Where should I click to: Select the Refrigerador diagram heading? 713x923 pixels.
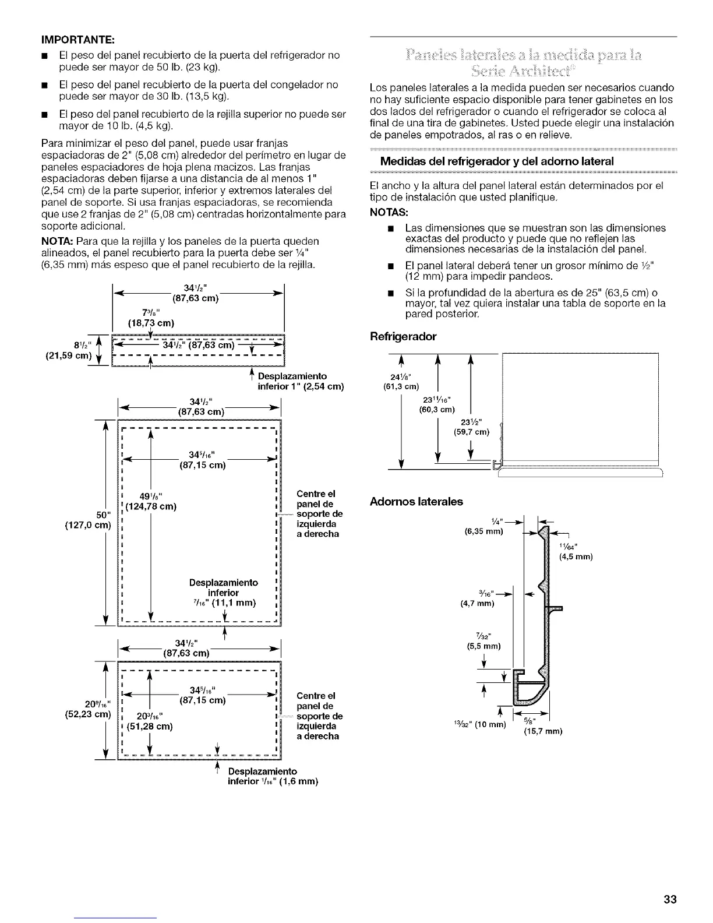click(x=403, y=336)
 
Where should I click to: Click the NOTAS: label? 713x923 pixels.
click(x=387, y=212)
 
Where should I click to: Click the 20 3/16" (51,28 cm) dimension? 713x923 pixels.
click(x=148, y=721)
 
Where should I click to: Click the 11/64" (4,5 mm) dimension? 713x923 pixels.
click(x=575, y=551)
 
